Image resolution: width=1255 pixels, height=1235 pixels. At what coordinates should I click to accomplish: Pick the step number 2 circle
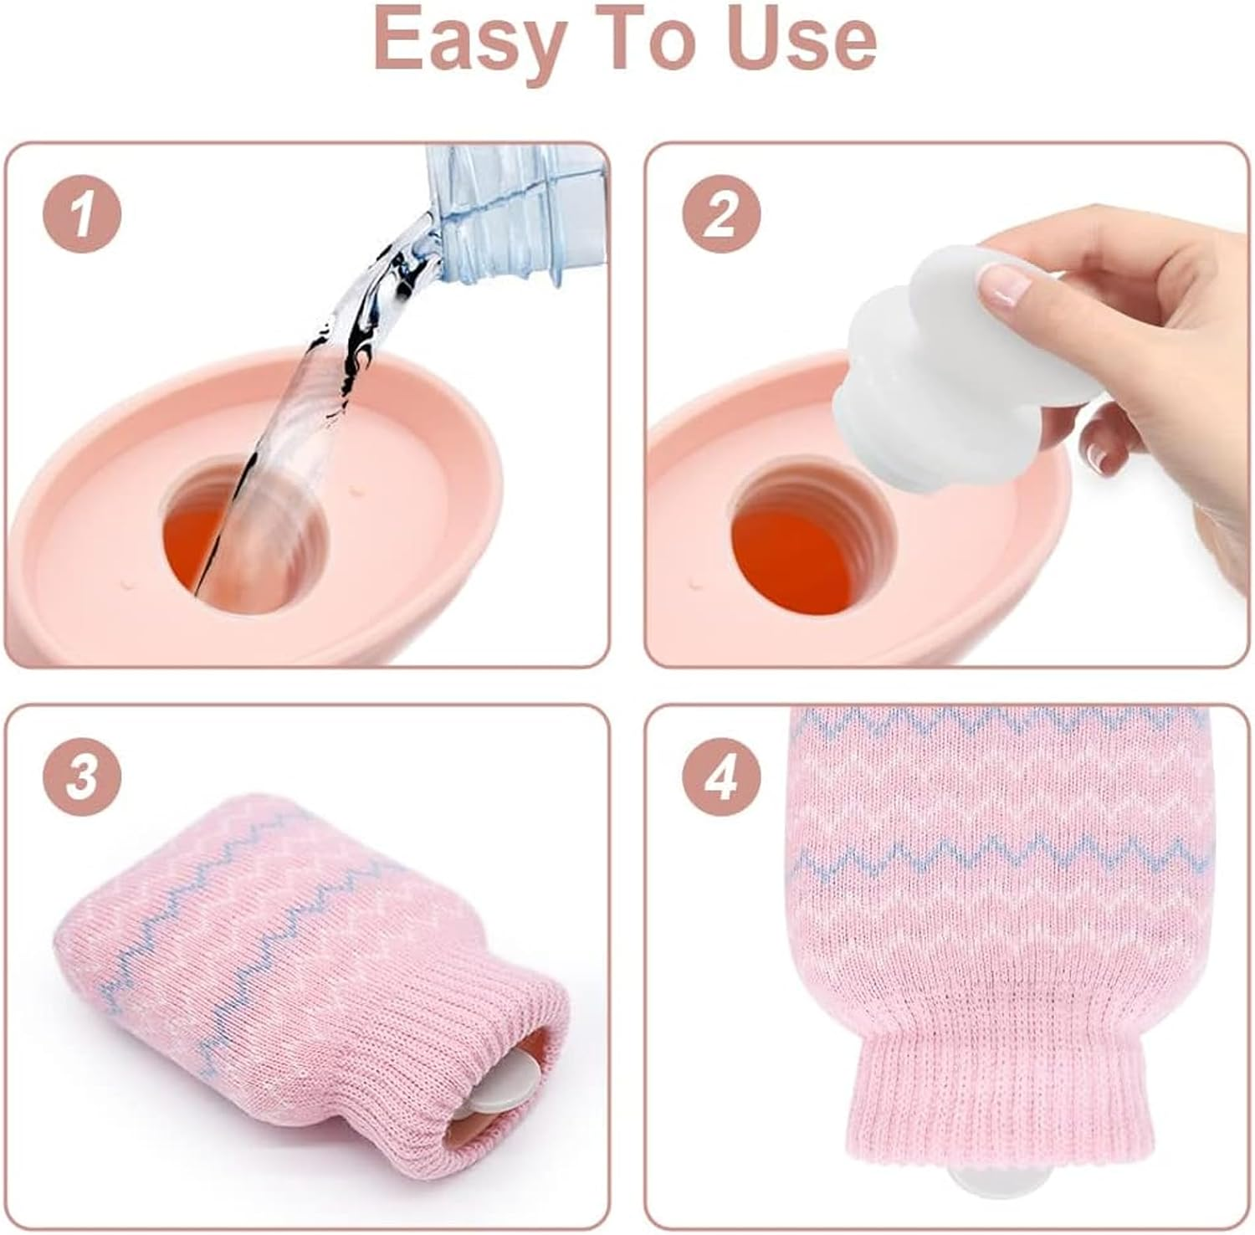pyautogui.click(x=721, y=215)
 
